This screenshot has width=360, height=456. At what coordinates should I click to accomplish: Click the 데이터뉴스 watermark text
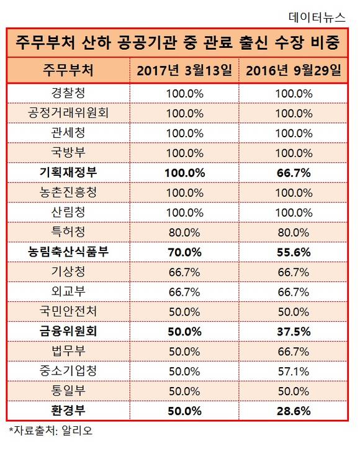point(317,17)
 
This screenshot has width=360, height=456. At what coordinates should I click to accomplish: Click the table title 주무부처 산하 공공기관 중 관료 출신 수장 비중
point(178,42)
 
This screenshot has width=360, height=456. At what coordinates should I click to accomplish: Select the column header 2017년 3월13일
point(184,70)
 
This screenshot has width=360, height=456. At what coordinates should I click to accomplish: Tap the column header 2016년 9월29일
point(294,70)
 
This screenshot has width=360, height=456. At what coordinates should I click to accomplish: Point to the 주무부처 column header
point(68,70)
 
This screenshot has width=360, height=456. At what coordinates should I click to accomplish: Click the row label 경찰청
point(68,93)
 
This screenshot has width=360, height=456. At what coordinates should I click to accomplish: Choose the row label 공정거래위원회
point(68,113)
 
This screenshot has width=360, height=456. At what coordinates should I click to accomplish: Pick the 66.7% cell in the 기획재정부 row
point(294,173)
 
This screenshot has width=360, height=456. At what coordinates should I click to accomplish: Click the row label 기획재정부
point(68,173)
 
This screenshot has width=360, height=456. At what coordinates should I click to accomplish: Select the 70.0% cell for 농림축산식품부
point(184,252)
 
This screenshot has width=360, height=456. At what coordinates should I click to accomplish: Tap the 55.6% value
point(294,252)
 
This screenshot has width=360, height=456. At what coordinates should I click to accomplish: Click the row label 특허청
point(68,232)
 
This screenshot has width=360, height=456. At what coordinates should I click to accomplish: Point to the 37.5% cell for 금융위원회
point(294,332)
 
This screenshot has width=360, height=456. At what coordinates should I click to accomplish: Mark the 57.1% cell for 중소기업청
point(294,372)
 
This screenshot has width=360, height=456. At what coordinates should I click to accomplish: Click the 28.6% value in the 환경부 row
point(294,411)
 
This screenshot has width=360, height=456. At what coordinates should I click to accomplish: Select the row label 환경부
point(68,411)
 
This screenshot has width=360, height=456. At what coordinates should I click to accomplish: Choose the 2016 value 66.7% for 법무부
point(294,352)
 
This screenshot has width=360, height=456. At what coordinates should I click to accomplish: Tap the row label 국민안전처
point(68,311)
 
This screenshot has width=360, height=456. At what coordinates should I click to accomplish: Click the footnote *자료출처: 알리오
point(51,431)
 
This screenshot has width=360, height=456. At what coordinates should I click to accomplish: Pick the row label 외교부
point(68,292)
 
